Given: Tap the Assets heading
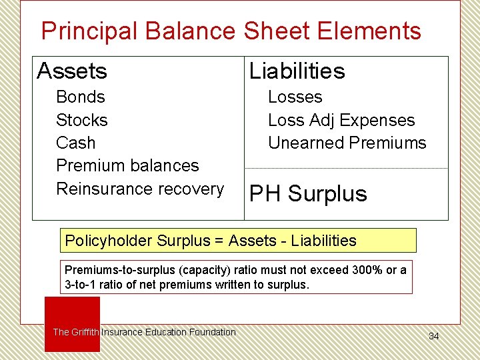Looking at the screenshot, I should (x=72, y=71).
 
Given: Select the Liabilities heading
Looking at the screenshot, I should (x=297, y=71).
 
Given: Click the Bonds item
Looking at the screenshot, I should (x=81, y=97).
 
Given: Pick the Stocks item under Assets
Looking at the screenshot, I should (x=82, y=120).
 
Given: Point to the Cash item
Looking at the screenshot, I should (x=75, y=143).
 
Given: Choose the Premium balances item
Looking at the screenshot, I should (x=127, y=165).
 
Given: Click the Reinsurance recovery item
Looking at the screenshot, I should (x=140, y=189).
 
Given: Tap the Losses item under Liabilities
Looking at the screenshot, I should (x=295, y=97).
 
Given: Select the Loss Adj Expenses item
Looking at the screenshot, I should (x=341, y=120).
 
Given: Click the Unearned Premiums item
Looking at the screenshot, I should (x=347, y=143).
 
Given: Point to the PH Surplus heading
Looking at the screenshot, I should (x=308, y=194).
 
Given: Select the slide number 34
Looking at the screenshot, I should (x=434, y=336).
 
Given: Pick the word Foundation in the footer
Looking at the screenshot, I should (x=212, y=332).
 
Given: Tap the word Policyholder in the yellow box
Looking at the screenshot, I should (x=108, y=241).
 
